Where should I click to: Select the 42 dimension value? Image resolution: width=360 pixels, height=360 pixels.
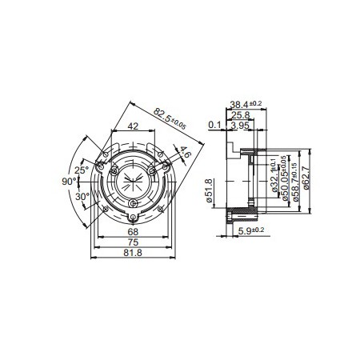(133, 125)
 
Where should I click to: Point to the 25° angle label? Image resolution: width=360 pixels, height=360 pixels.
(81, 170)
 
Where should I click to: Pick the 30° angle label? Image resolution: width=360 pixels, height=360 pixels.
(81, 196)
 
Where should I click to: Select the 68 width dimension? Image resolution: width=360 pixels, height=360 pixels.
(133, 232)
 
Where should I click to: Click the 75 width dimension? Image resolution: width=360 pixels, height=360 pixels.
(133, 242)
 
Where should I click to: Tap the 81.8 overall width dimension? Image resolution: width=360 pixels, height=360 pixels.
(133, 253)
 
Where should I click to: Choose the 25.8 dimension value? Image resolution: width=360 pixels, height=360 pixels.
(239, 115)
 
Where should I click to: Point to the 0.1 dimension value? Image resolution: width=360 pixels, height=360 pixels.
(214, 126)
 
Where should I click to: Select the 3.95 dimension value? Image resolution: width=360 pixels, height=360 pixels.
(239, 126)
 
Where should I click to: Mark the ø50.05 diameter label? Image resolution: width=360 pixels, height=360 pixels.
(284, 178)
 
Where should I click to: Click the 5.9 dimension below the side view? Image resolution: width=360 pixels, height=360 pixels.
(251, 231)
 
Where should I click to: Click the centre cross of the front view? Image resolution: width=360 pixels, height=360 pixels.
(133, 182)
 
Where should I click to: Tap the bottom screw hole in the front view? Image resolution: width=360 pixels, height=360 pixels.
(133, 217)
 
